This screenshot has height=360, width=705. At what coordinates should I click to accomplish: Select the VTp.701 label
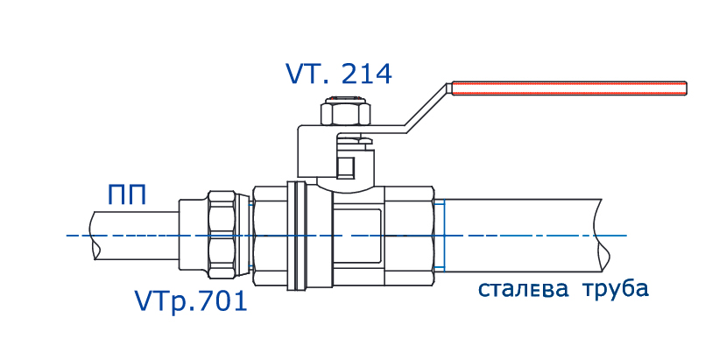point(191,302)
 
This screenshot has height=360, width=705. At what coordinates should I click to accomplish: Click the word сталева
point(522,289)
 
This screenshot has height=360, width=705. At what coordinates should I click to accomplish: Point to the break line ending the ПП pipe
point(95,235)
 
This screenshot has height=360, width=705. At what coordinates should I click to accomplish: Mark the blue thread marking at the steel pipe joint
point(445,235)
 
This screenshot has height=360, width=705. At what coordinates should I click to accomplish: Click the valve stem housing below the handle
point(349,162)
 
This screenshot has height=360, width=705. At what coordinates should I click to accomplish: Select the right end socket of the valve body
point(410,235)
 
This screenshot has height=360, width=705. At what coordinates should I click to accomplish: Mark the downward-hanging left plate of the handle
point(303,153)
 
